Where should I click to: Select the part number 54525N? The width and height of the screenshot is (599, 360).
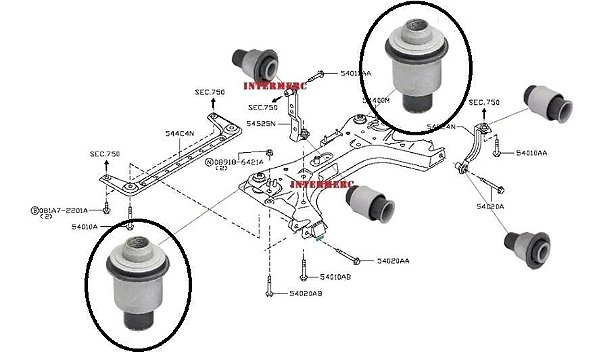[x=262, y=124]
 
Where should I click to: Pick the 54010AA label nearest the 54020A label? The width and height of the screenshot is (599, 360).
[x=532, y=153]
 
